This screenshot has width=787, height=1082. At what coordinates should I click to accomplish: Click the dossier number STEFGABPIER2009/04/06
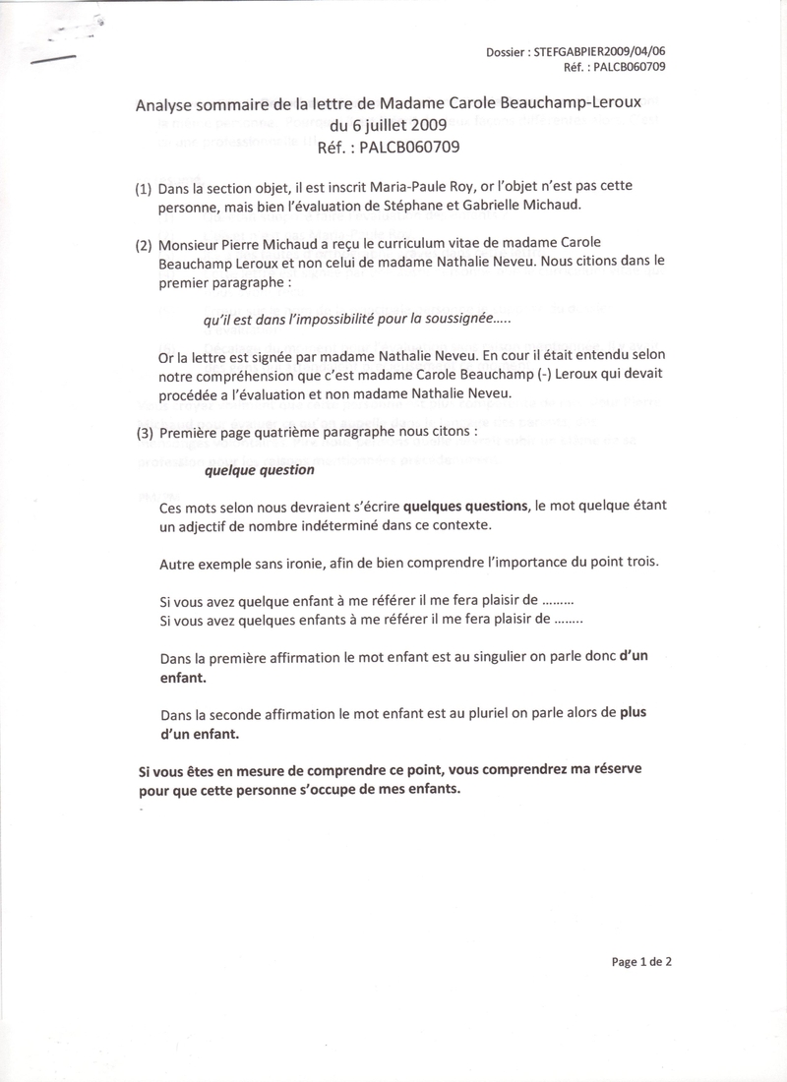(x=605, y=52)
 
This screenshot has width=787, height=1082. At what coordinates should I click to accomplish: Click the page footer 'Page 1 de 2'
(x=641, y=962)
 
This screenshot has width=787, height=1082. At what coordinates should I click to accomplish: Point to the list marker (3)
(x=144, y=432)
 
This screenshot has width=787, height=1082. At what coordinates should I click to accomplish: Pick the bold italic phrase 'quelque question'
(x=259, y=469)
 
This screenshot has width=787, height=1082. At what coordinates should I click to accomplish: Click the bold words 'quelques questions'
(x=465, y=506)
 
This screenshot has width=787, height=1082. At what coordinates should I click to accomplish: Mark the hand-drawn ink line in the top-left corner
(x=53, y=59)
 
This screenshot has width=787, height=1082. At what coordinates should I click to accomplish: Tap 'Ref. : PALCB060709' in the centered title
(x=389, y=147)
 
